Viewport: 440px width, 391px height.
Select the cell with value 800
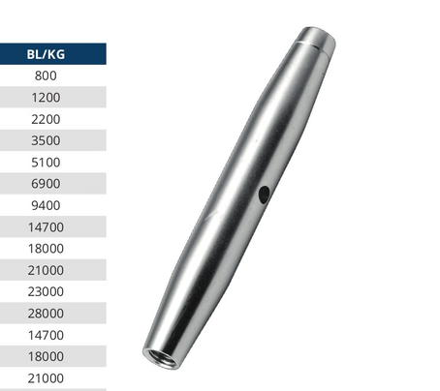[46, 75]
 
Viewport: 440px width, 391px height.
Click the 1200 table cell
[46, 98]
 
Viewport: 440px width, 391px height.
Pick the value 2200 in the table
[46, 119]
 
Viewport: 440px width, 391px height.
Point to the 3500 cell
[46, 140]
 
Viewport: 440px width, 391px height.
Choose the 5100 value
[46, 163]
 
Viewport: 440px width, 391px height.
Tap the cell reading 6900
[46, 184]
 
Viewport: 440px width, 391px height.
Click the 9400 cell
[46, 205]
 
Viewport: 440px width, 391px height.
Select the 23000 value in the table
[46, 291]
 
